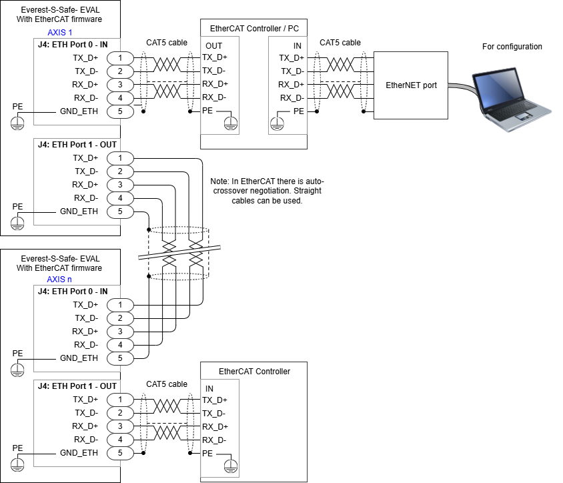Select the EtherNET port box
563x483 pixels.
(411, 85)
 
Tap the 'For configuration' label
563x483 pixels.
(512, 47)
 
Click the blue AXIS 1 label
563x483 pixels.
(59, 32)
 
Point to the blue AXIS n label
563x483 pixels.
(59, 279)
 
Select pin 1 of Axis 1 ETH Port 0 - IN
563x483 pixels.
(120, 58)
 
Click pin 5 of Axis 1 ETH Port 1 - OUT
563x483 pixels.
(120, 211)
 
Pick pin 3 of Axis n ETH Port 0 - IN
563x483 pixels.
(120, 332)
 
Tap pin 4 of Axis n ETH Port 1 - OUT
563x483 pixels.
(120, 440)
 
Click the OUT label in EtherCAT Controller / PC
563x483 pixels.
(214, 45)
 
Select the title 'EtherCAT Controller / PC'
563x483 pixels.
(253, 28)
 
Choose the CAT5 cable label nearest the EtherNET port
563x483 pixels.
(340, 43)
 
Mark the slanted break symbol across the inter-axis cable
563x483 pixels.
(179, 255)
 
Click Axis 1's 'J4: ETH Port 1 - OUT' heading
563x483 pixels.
(77, 145)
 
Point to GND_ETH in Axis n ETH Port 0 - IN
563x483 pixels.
(79, 358)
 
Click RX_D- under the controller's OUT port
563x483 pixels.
(215, 97)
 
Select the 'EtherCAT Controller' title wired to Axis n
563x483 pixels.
(254, 372)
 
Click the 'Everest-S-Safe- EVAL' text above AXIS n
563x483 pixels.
(59, 259)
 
